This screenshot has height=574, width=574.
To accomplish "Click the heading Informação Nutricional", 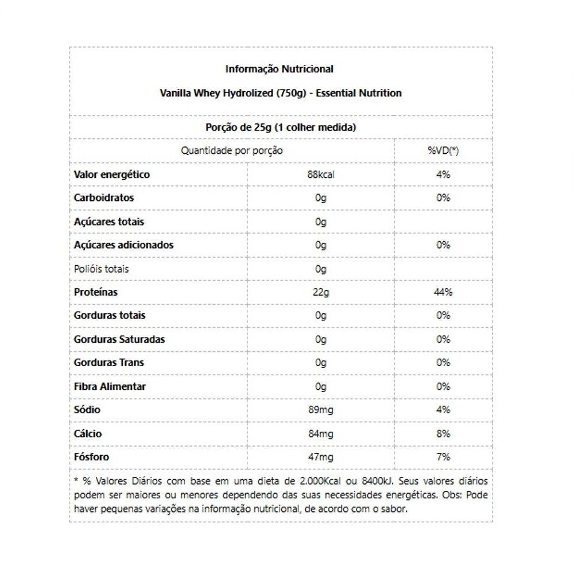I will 279,69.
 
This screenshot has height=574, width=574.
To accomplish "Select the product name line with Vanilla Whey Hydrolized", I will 280,93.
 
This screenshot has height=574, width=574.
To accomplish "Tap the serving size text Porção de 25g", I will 281,127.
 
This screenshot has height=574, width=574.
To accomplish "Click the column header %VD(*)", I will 443,151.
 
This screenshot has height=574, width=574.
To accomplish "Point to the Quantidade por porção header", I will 232,151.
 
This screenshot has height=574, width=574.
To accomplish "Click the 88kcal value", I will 320,174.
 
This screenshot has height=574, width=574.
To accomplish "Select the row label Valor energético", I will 112,174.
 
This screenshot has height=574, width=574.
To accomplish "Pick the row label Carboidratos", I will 104,198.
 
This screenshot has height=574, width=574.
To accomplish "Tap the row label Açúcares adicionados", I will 123,245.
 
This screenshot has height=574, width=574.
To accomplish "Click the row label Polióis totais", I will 102,269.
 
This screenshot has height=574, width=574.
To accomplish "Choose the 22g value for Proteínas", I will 320,292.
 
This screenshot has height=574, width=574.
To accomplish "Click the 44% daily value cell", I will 443,292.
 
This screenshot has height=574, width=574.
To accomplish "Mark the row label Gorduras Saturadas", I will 119,339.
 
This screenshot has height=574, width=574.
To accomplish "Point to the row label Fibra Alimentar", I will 110,386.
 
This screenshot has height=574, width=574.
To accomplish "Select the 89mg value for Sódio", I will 320,410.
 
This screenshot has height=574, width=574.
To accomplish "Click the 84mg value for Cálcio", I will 320,433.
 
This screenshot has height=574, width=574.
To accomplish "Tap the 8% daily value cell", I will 443,433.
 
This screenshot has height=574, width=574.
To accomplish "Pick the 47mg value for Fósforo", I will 320,457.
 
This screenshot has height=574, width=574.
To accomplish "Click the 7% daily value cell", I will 443,457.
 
